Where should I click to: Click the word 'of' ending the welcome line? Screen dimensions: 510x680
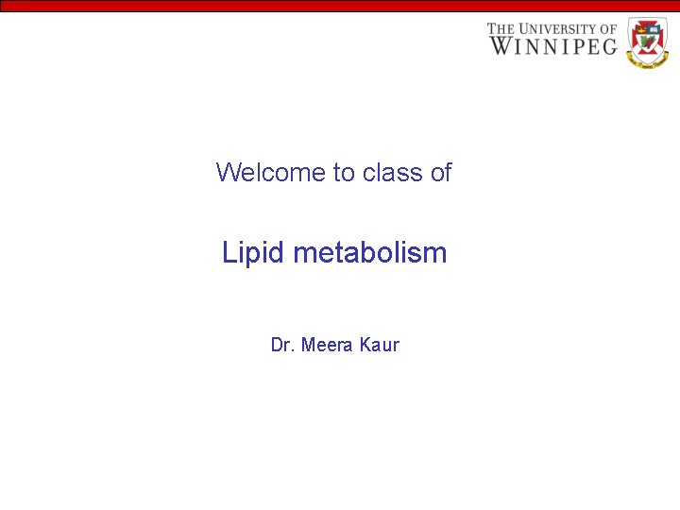point(441,173)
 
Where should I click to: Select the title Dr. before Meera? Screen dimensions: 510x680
point(281,345)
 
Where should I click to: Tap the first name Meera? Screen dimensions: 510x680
point(328,345)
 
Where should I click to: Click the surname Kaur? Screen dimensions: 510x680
point(380,345)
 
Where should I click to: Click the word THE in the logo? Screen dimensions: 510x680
point(501,28)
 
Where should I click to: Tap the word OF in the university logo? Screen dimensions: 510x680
point(608,28)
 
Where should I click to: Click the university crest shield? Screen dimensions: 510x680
point(647,42)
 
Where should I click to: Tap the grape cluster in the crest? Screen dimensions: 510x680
point(654,42)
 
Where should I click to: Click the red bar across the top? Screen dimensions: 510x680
point(340,6)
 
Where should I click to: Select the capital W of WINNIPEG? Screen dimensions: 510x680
point(501,45)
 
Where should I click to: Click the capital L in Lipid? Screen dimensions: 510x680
point(229,253)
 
